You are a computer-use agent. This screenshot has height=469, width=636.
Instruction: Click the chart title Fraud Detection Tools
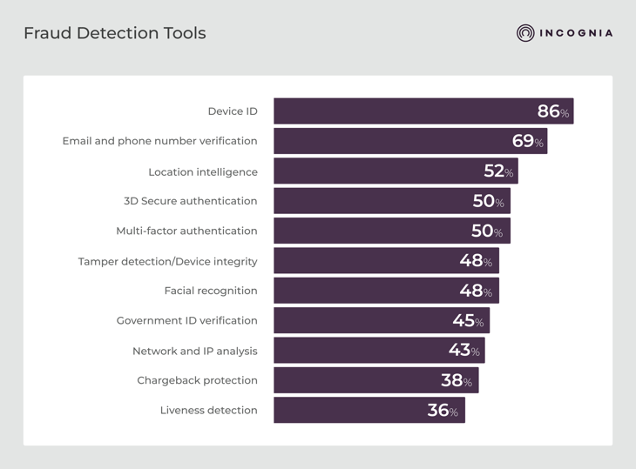115,34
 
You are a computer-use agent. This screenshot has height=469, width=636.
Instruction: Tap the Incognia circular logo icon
525,33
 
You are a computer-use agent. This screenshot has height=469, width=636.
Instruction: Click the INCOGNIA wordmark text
576,34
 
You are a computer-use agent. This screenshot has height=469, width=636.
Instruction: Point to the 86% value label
552,111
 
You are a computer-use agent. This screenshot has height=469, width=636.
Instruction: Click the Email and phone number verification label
159,141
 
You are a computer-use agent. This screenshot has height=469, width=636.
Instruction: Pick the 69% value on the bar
527,141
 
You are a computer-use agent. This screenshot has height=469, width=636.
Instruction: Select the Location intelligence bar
375,171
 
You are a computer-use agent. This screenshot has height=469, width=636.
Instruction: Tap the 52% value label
498,171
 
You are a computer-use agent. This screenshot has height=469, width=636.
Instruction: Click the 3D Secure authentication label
190,201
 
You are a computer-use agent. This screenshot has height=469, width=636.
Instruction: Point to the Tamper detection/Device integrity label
167,261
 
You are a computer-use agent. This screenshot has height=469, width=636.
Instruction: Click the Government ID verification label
186,320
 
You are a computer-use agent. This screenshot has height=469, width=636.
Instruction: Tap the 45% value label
468,321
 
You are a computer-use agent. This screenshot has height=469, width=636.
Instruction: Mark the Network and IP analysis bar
357,351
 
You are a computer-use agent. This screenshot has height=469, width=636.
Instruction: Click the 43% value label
463,351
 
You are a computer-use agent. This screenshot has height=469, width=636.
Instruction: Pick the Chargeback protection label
197,380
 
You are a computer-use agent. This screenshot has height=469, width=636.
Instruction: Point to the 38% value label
457,380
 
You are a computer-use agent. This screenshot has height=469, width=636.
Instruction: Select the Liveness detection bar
348,410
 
